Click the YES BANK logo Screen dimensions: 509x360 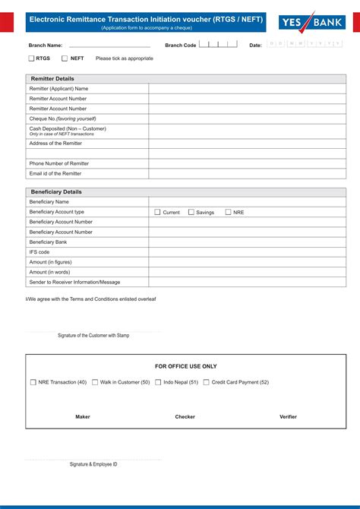tap(311, 23)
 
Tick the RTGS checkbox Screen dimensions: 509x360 tap(32, 58)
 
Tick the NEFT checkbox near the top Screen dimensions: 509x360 tap(65, 58)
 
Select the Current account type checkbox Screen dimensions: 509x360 tap(157, 212)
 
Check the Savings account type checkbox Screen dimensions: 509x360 tap(191, 212)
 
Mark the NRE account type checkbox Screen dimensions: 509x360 tap(228, 212)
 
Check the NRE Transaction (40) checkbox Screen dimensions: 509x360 tap(33, 382)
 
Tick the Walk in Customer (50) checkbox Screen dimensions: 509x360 tap(95, 382)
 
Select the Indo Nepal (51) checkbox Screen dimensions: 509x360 tap(158, 382)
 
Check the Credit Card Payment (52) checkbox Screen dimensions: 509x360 tap(207, 382)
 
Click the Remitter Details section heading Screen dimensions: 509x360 tap(52, 78)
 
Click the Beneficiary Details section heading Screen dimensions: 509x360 tap(55, 192)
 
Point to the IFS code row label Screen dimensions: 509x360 tap(39, 252)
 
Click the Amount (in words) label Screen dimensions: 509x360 tap(50, 272)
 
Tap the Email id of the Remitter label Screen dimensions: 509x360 tap(55, 173)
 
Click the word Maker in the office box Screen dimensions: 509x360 tap(83, 416)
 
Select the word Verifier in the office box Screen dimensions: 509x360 tap(288, 416)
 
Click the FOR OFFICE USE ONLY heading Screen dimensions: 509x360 tap(186, 366)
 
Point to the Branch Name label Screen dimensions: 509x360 tap(46, 46)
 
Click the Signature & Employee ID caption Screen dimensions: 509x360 tap(93, 463)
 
